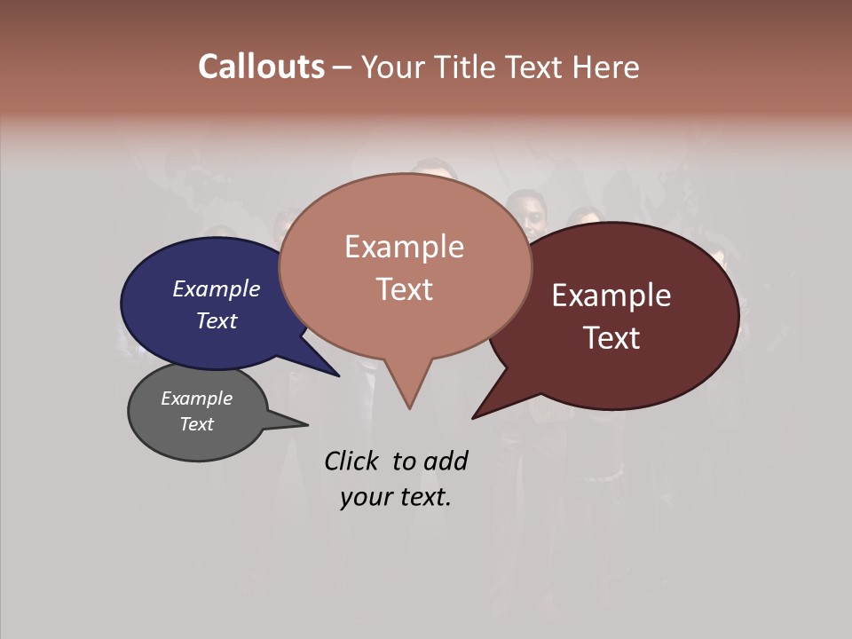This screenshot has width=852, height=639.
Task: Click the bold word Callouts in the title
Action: pyautogui.click(x=261, y=67)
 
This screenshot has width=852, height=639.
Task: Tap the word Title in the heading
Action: pyautogui.click(x=468, y=67)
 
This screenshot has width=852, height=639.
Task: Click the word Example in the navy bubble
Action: pyautogui.click(x=216, y=288)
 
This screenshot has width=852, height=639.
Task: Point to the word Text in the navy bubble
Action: pyautogui.click(x=216, y=320)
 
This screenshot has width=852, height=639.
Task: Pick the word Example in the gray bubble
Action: pyautogui.click(x=196, y=398)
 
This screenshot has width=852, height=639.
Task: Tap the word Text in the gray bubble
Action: pyautogui.click(x=196, y=424)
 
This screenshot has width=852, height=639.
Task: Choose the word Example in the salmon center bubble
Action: pyautogui.click(x=404, y=247)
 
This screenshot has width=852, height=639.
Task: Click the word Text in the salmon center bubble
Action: pyautogui.click(x=404, y=289)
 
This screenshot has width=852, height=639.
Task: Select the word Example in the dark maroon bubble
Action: pyautogui.click(x=611, y=296)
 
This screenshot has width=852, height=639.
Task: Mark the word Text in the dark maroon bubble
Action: pyautogui.click(x=611, y=338)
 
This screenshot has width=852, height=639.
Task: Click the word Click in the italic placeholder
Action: pyautogui.click(x=351, y=461)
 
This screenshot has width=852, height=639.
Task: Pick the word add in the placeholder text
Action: pyautogui.click(x=445, y=461)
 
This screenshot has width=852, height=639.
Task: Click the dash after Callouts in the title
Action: pyautogui.click(x=343, y=67)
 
